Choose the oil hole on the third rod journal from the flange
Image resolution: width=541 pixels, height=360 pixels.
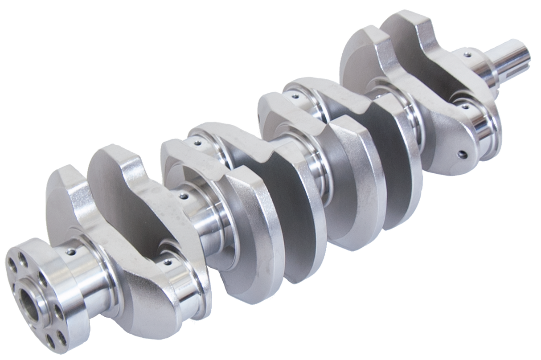[295, 95]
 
